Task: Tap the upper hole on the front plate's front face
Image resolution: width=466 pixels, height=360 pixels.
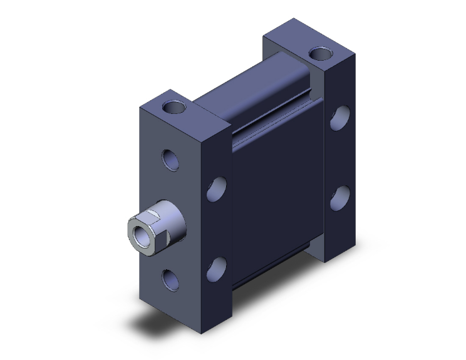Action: (171, 160)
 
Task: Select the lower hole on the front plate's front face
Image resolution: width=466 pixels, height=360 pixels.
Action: (171, 279)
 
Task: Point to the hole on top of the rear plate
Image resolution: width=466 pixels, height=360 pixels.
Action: (321, 54)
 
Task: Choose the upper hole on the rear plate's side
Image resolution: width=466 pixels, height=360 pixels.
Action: (340, 119)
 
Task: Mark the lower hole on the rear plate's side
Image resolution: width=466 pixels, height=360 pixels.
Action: (340, 197)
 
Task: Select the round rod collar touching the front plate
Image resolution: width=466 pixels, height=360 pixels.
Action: (177, 219)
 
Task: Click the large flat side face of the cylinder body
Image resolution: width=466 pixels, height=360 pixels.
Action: (276, 200)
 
